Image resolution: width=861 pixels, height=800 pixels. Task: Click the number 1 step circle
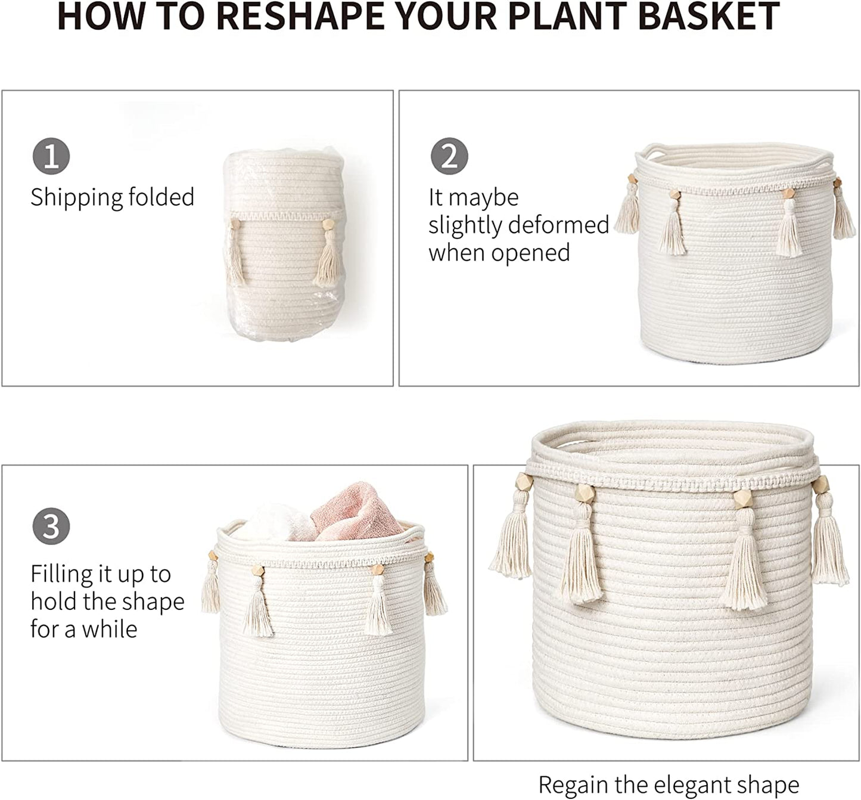coord(51,156)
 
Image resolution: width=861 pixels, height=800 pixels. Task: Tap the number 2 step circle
coord(449,156)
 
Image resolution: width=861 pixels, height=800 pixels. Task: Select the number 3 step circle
coord(51,526)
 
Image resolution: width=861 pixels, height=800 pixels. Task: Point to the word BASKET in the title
coord(709,17)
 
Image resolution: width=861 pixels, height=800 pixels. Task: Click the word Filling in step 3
coord(60,575)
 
